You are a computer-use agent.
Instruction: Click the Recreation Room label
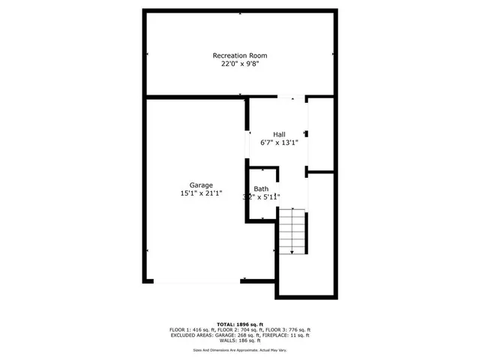tap(239, 55)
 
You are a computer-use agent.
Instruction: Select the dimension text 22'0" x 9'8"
tap(239, 64)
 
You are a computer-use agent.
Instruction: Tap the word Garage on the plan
tap(201, 185)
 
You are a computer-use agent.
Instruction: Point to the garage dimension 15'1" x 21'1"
tap(201, 194)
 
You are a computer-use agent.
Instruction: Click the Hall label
tap(278, 134)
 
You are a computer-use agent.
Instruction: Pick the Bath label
tap(261, 189)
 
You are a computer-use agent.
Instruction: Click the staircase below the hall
tap(292, 232)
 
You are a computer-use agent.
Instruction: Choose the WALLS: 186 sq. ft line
tap(240, 341)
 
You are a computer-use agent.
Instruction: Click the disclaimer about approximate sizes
tap(240, 350)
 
